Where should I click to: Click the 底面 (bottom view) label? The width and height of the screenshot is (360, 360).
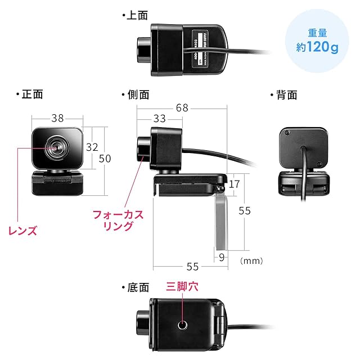(137, 287)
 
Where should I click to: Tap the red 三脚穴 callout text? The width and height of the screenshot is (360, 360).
(182, 286)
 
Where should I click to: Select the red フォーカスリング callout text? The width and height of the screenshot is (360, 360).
(118, 220)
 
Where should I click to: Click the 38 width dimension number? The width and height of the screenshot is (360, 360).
(57, 118)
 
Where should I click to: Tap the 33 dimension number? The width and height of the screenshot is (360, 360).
(159, 119)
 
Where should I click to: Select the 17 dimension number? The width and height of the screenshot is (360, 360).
(235, 183)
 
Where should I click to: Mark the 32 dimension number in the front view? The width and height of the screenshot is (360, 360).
(92, 147)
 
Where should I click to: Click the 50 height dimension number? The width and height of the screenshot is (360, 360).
(105, 159)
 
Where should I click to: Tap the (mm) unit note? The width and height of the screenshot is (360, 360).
(251, 261)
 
